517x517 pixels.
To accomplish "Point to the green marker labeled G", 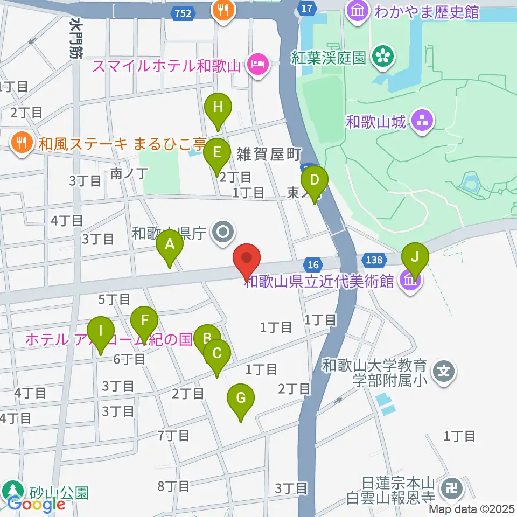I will (241, 400).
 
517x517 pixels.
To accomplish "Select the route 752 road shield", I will (183, 14).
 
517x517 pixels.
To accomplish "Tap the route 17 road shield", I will (306, 8).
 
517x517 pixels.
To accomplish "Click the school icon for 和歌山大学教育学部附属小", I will (444, 372).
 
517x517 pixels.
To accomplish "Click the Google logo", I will (36, 505).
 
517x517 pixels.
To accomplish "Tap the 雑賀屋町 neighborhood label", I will (268, 155).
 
